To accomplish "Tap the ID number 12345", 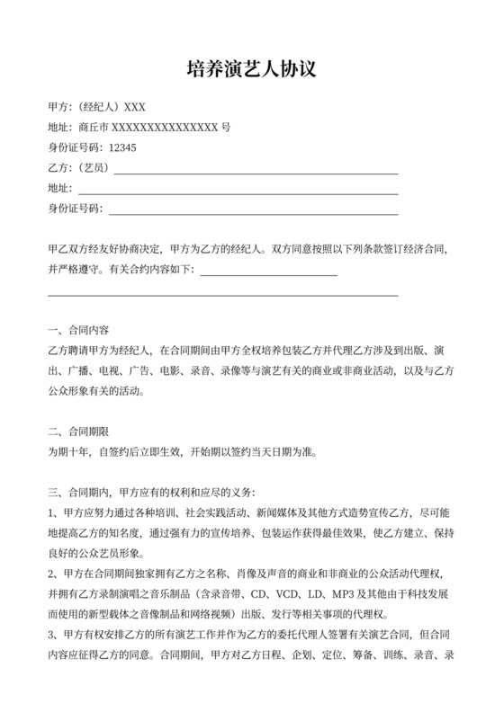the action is click(122, 147).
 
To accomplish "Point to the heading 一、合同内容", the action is click(78, 330).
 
